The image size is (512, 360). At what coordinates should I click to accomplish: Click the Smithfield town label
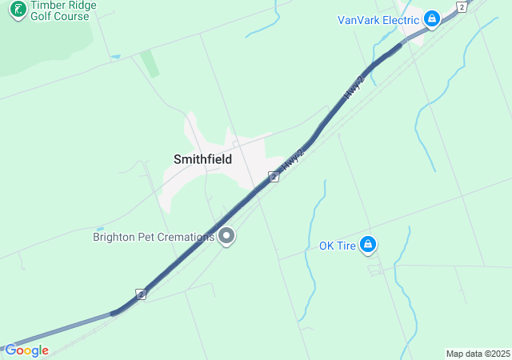[202, 159]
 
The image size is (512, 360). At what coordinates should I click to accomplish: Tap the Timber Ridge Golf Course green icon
[17, 9]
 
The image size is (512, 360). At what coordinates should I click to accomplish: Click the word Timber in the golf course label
[46, 4]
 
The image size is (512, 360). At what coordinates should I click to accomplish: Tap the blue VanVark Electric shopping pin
[432, 18]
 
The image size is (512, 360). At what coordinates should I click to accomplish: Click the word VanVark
[358, 19]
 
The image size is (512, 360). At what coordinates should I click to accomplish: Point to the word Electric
[400, 19]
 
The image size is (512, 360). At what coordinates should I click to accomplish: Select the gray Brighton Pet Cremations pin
[227, 236]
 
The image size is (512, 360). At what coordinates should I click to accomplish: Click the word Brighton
[118, 237]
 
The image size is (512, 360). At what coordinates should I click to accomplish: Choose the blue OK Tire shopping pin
[368, 245]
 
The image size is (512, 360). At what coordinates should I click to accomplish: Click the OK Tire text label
[337, 246]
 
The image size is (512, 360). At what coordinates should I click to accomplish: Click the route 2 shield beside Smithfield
[273, 176]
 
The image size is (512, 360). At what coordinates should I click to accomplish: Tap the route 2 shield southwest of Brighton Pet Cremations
[141, 294]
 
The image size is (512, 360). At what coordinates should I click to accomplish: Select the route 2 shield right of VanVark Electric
[461, 6]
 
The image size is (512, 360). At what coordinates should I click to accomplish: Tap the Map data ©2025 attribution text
[478, 354]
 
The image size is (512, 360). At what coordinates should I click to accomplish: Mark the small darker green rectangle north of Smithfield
[150, 64]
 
